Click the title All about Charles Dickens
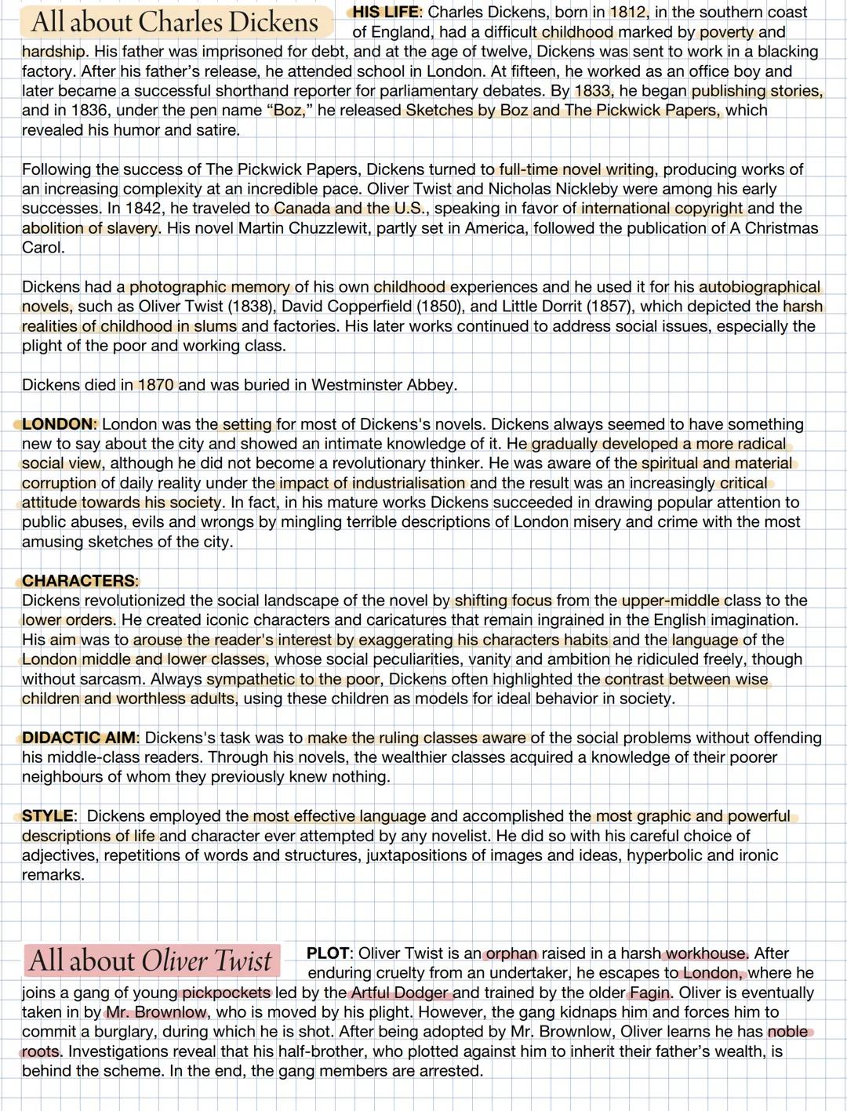pyautogui.click(x=175, y=22)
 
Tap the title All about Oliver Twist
pyautogui.click(x=151, y=960)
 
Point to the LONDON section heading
pyautogui.click(x=58, y=424)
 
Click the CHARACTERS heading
pyautogui.click(x=78, y=581)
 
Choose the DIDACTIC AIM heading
pyautogui.click(x=79, y=738)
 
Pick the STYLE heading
pyautogui.click(x=48, y=816)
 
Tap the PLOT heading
pyautogui.click(x=329, y=953)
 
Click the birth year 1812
pyautogui.click(x=627, y=13)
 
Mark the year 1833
pyautogui.click(x=592, y=91)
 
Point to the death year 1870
pyautogui.click(x=156, y=385)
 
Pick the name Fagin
pyautogui.click(x=651, y=993)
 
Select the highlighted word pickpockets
pyautogui.click(x=226, y=993)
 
